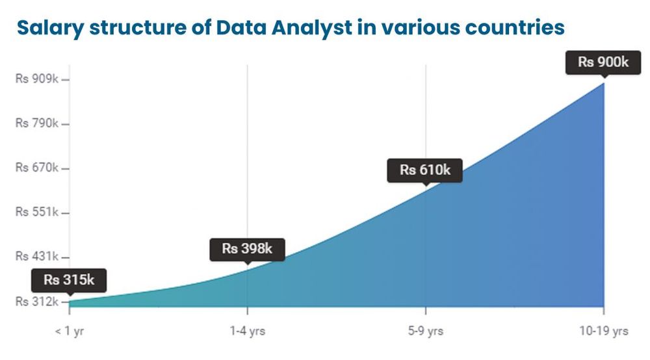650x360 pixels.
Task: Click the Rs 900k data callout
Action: coord(603,62)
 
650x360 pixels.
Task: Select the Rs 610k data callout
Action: coord(424,170)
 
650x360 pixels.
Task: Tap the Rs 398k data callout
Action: coord(247,249)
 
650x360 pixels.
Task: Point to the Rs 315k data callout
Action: coord(69,281)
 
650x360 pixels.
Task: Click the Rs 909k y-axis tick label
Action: coord(37,79)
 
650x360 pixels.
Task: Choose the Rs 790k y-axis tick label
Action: coord(37,123)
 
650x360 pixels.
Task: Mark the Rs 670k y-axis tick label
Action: coord(37,168)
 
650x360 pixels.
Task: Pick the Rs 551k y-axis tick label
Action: coord(37,212)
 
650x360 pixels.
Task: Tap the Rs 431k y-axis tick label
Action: coord(37,256)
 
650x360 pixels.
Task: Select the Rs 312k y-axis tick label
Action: coord(37,302)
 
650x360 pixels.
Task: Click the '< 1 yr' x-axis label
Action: coord(70,331)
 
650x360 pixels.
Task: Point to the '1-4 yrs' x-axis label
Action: coord(247,331)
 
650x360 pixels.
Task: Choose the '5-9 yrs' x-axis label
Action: coord(426,331)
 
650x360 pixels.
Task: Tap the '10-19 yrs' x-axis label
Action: coord(604,331)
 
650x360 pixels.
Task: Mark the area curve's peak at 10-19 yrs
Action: coord(604,83)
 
